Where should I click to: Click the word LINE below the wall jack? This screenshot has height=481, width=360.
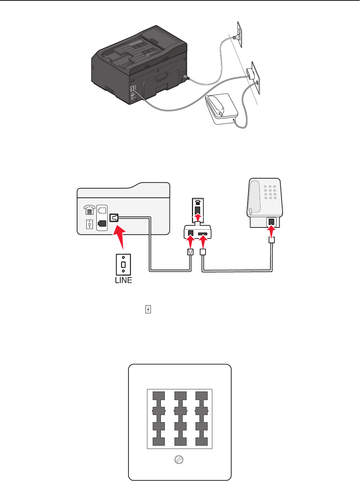coord(123,280)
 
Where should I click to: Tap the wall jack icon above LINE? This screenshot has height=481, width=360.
coord(123,264)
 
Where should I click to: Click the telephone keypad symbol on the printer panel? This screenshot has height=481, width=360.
coord(89,210)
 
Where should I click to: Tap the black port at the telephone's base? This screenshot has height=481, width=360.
coord(272,222)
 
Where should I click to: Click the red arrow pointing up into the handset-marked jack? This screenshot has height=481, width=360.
coord(197,217)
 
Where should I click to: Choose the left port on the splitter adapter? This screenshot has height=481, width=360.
coord(191,234)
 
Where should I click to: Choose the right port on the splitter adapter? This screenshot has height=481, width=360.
coord(203,234)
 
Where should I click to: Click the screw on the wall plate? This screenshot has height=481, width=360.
coord(178,460)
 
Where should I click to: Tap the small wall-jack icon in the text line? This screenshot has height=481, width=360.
coord(148,309)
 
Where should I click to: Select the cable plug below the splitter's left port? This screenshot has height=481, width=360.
coord(191,252)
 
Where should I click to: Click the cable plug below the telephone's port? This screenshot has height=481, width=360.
coord(272,240)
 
